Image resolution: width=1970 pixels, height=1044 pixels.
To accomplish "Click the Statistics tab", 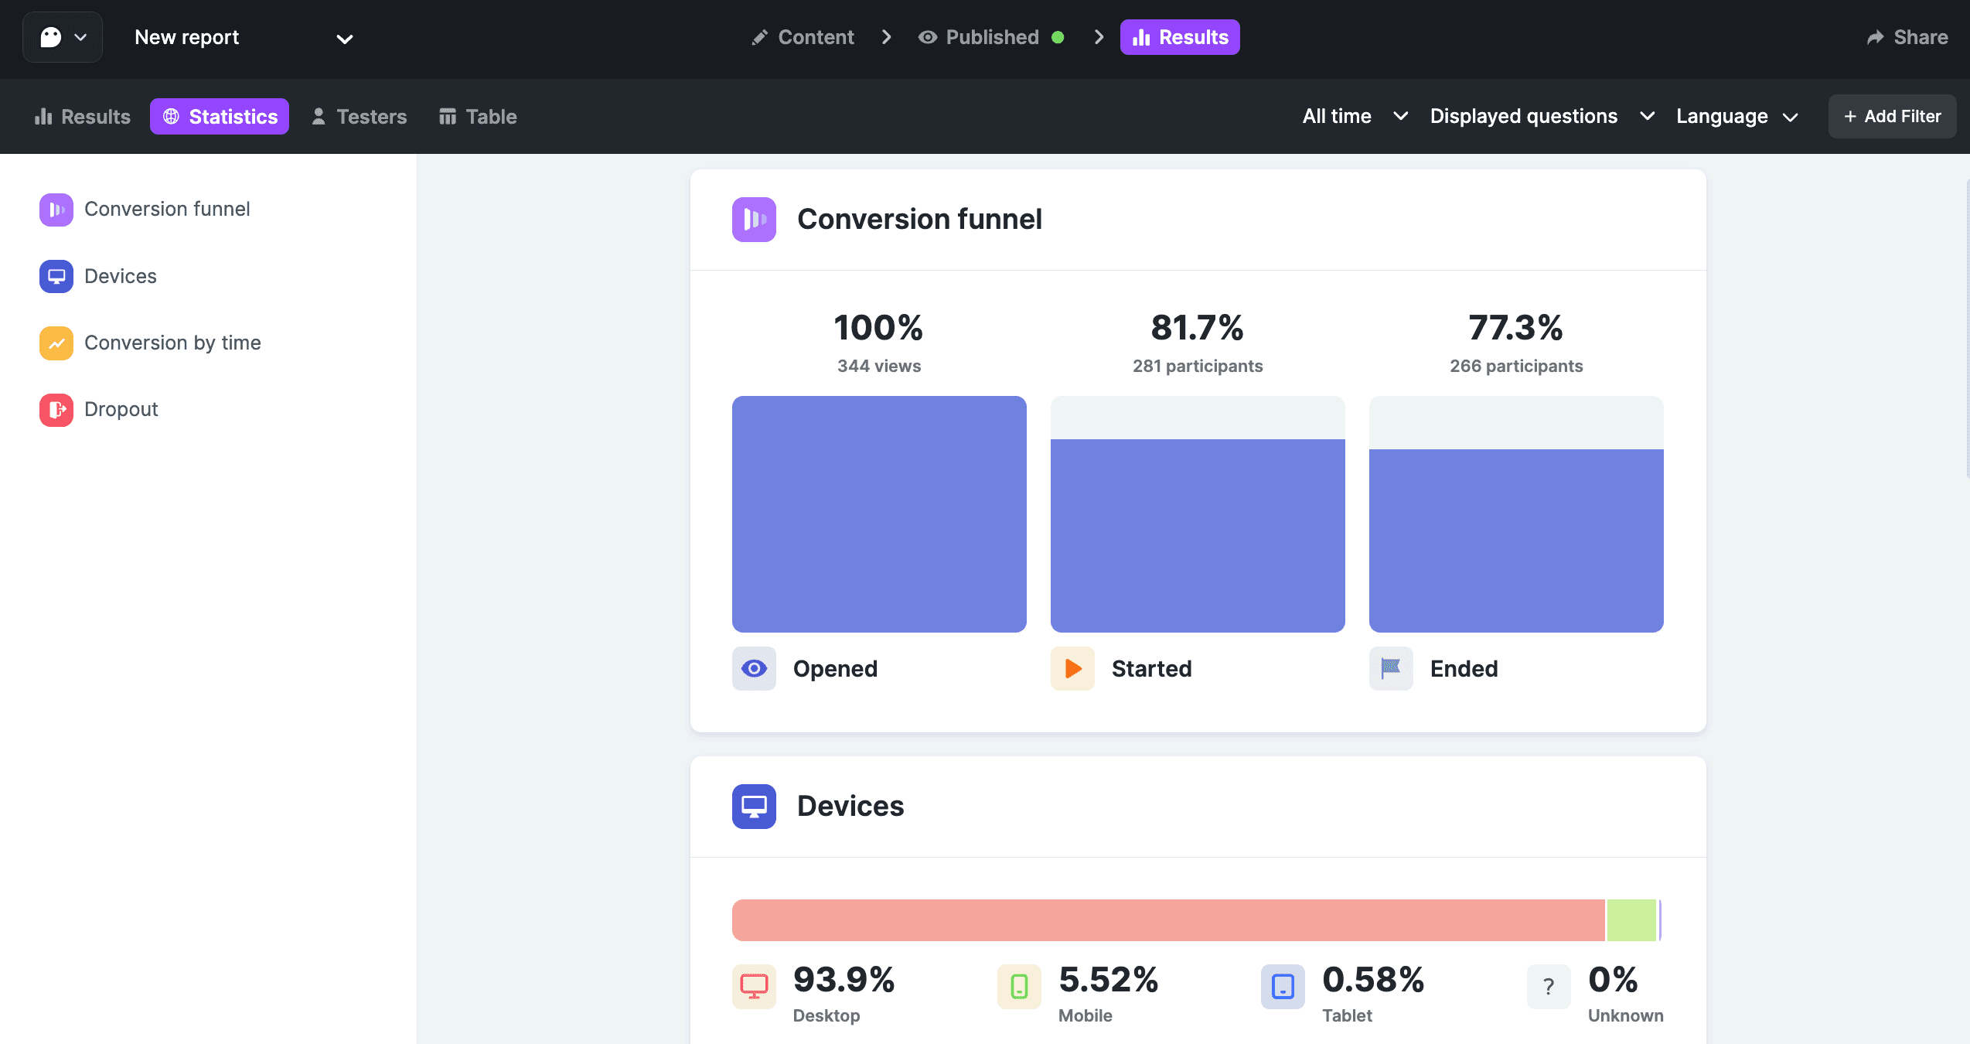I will (220, 117).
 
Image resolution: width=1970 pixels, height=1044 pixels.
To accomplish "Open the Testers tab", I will (359, 117).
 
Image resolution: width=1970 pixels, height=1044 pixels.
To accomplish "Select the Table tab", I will (478, 117).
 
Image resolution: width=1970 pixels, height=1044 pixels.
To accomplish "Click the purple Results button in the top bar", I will (1180, 37).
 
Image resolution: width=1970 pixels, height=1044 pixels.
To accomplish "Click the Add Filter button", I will (1892, 117).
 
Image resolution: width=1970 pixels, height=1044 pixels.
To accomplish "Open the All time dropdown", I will (1355, 117).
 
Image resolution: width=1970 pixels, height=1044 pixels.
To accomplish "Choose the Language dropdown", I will (1737, 117).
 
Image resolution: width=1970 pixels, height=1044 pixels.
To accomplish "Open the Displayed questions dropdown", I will (1542, 117).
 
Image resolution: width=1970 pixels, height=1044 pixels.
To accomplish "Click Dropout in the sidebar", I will (121, 410).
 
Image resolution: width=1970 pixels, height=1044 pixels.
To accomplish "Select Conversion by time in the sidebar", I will (172, 343).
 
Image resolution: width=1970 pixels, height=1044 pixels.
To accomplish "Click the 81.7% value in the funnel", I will (1197, 328).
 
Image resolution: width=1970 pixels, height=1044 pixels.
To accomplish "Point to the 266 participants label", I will (1516, 367).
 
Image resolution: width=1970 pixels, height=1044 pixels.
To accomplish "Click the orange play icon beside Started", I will (1072, 669).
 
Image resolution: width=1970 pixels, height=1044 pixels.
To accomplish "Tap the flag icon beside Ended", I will (1391, 669).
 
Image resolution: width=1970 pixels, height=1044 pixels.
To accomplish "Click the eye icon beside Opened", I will (754, 669).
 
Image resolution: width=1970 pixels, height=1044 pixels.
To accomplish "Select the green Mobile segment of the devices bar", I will (1631, 920).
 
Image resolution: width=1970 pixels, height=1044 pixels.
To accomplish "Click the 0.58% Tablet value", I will (1373, 981).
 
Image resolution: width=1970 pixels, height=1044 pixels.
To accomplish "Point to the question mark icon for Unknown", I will (1549, 987).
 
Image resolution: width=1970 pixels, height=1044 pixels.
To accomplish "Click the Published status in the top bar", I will (991, 37).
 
